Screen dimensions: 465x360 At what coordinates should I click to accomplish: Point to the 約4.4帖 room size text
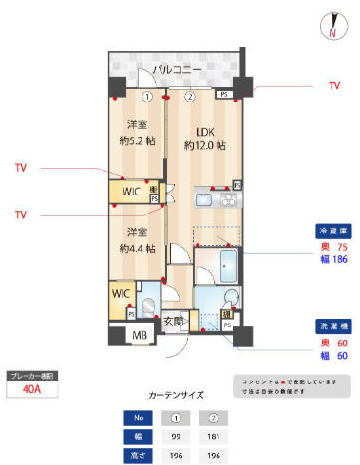(x=138, y=249)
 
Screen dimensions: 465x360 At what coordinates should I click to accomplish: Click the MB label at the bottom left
(x=139, y=335)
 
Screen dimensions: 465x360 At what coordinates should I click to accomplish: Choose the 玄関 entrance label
(x=173, y=323)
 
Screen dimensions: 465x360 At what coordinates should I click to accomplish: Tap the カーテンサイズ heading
(x=177, y=393)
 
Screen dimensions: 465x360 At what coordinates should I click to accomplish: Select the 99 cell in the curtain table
(x=177, y=437)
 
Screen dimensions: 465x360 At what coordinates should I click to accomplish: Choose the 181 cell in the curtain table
(x=214, y=437)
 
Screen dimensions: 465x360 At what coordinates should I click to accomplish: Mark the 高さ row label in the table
(x=139, y=455)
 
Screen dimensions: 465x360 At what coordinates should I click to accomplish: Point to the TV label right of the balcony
(x=333, y=86)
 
